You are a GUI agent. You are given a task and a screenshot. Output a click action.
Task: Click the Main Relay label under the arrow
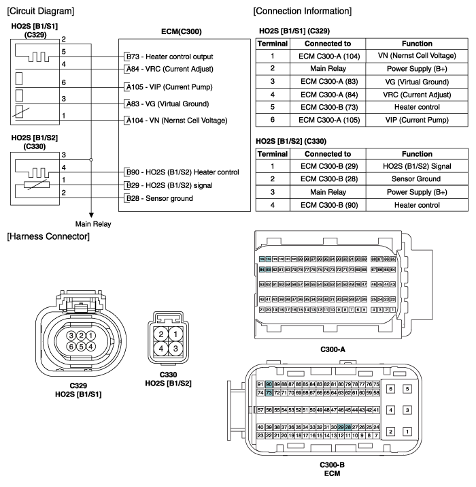tap(93, 223)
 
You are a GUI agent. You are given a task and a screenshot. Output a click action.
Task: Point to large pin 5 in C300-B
tap(407, 389)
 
